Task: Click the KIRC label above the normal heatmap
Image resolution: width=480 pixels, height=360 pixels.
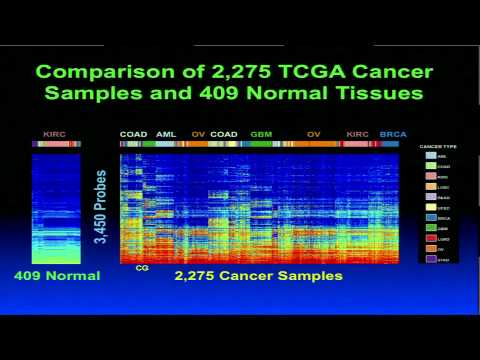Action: coord(55,134)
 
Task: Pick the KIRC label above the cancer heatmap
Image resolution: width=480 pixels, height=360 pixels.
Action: coord(357,134)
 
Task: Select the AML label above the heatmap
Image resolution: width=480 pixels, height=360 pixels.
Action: coord(165,134)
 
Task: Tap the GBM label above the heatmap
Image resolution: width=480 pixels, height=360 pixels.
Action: coord(261,134)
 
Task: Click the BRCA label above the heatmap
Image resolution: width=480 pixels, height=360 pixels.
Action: coord(393,134)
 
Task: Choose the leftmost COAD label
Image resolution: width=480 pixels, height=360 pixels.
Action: coord(133,134)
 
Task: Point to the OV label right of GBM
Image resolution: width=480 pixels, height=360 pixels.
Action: coord(314,134)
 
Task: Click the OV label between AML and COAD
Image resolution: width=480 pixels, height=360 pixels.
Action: coord(198,134)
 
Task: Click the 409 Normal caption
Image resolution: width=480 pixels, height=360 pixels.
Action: coord(57,275)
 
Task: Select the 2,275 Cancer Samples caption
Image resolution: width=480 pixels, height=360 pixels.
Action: coord(258,275)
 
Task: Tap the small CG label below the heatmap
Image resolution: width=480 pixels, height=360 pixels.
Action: coord(141,267)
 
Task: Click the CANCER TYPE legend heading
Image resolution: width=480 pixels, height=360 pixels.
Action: coord(439,147)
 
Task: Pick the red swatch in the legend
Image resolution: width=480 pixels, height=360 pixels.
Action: coord(431,237)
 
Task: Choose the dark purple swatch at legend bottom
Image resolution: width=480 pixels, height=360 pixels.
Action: coord(431,259)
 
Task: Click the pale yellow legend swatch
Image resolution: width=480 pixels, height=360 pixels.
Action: coord(431,207)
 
